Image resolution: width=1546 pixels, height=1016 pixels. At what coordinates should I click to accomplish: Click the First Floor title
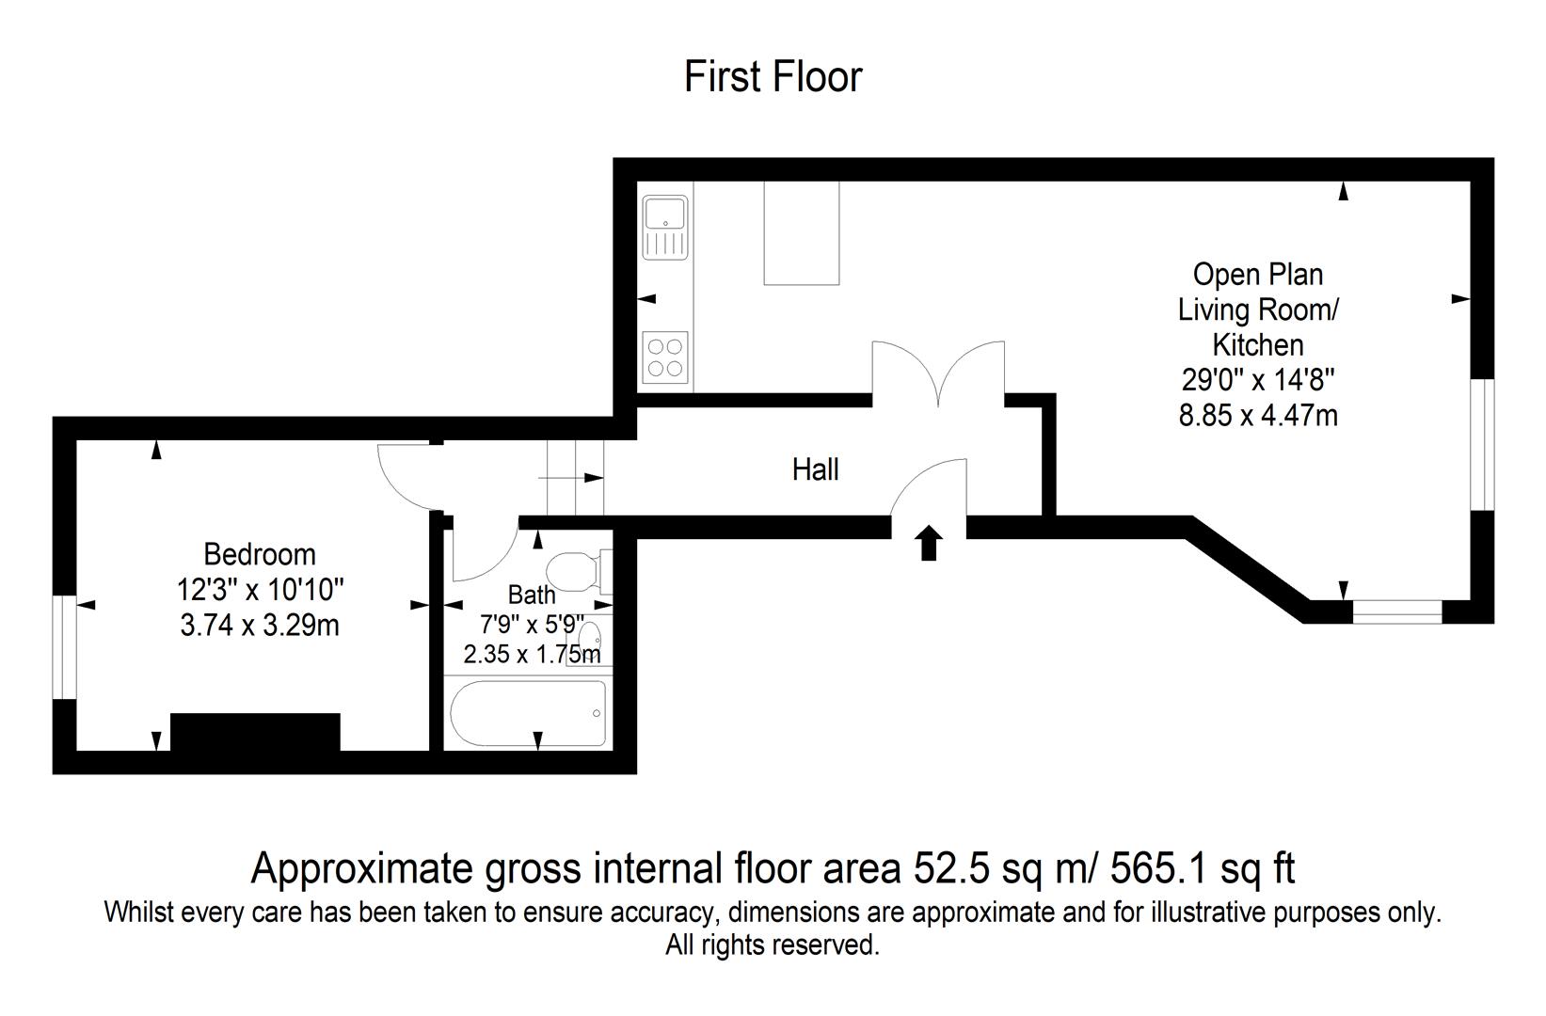[773, 77]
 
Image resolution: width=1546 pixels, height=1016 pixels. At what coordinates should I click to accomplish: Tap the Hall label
[815, 468]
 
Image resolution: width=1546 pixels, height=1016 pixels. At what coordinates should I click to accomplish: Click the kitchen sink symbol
[665, 226]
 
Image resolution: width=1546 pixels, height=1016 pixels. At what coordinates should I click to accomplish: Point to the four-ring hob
[665, 357]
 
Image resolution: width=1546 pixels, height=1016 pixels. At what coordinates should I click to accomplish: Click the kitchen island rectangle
[801, 232]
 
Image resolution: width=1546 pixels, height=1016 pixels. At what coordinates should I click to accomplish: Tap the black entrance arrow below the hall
[930, 544]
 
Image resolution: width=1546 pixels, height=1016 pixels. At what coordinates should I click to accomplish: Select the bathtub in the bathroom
[528, 712]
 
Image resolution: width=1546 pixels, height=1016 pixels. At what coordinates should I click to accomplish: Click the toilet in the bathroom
[575, 569]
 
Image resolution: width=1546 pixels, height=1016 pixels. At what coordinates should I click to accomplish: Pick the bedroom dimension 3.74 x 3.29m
[260, 625]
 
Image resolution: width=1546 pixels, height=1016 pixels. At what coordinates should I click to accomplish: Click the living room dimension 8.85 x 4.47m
[1258, 415]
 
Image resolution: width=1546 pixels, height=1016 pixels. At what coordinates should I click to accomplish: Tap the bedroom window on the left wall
[64, 647]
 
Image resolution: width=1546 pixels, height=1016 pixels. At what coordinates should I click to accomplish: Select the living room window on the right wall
[1482, 444]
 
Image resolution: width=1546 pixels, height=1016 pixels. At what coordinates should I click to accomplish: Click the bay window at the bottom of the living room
[1397, 612]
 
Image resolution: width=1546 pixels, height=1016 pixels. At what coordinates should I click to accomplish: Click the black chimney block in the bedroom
[255, 732]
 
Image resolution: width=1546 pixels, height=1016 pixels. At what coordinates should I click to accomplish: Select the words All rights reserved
[773, 945]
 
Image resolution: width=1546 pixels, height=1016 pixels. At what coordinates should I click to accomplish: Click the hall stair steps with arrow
[575, 478]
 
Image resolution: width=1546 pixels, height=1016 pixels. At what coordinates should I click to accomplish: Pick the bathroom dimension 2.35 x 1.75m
[532, 654]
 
